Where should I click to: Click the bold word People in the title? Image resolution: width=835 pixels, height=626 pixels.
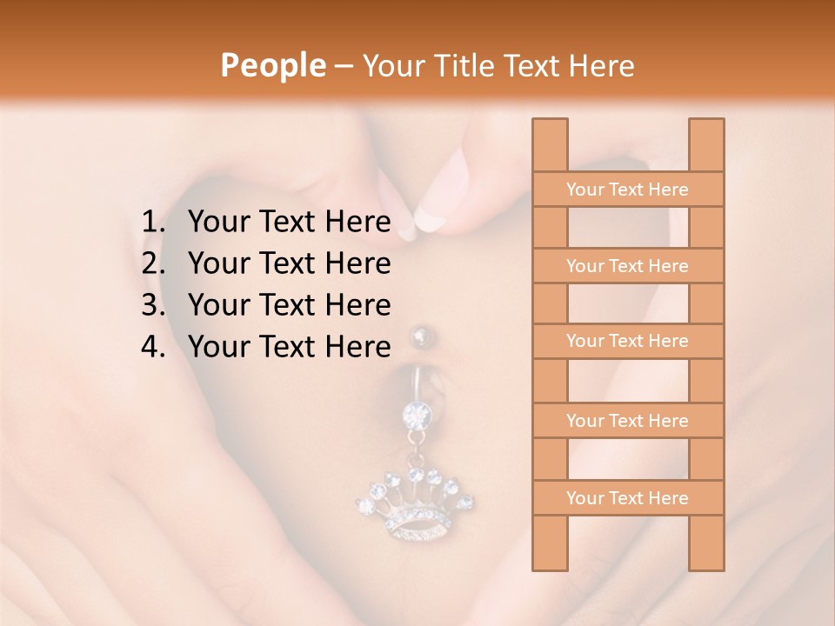(x=271, y=65)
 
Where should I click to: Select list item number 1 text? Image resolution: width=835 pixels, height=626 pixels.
(x=289, y=222)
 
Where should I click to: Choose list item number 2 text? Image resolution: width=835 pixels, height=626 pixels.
(x=289, y=263)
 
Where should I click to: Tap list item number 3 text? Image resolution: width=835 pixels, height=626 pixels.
(x=289, y=305)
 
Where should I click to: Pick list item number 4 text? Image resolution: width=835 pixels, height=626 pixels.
(x=289, y=347)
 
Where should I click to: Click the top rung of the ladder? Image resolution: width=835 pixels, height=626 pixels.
(x=628, y=190)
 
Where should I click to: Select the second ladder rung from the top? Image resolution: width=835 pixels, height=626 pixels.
(x=628, y=266)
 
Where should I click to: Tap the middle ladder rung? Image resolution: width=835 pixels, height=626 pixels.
(x=628, y=342)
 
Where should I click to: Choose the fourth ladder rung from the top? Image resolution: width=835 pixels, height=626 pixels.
(x=628, y=421)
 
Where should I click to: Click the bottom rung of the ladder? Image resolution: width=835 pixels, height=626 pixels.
(x=628, y=498)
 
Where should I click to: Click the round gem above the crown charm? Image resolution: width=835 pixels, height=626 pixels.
(x=417, y=414)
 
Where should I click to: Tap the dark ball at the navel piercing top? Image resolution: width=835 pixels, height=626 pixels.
(x=422, y=336)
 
